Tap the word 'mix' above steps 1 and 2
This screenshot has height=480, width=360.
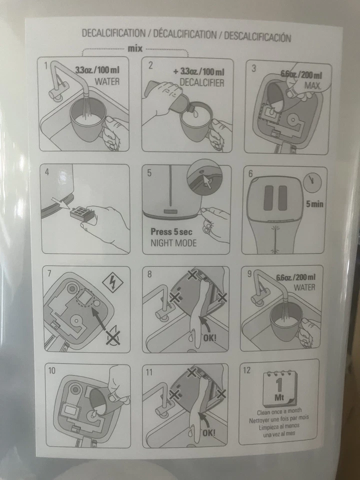135,49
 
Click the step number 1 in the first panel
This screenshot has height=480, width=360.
46,65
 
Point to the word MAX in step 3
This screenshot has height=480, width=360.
312,85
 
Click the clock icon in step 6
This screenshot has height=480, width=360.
313,182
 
